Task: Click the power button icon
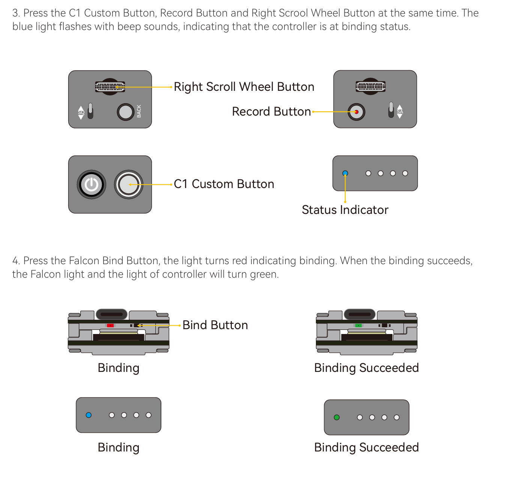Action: [91, 185]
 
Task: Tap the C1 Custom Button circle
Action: [128, 185]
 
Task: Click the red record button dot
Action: [356, 112]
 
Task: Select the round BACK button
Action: [126, 112]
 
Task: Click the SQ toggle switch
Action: [90, 111]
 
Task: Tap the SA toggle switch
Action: [391, 110]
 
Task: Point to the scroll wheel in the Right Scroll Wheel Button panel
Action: [110, 87]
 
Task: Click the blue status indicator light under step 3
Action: [345, 173]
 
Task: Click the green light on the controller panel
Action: [337, 417]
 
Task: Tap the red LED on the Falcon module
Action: [110, 325]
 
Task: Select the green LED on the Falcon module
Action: [358, 325]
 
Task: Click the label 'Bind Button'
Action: [215, 325]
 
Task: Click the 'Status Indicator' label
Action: [345, 210]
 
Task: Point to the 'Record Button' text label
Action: [271, 111]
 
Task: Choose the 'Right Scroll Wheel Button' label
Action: [244, 87]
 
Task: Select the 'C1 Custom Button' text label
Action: [224, 184]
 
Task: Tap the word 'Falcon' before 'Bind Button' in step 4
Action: [84, 260]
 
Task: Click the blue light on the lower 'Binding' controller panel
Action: [89, 415]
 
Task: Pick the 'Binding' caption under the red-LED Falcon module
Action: [119, 368]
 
